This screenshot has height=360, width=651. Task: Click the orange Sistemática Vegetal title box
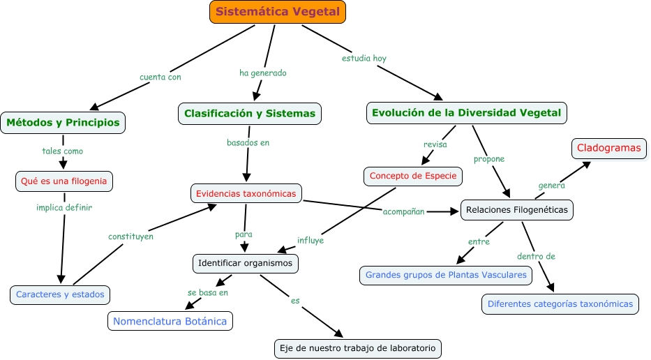pos(278,12)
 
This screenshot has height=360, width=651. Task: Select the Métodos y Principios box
pos(63,123)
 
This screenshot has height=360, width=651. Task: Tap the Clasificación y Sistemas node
pos(250,113)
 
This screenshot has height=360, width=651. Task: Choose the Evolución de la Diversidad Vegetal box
pos(467,113)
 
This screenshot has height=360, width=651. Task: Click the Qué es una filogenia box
pos(64,181)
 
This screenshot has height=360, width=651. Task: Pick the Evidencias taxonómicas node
pos(246,193)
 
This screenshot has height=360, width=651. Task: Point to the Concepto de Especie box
pos(413,176)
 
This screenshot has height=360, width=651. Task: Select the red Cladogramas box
pos(609,148)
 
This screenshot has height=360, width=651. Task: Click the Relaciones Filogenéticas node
pos(517,209)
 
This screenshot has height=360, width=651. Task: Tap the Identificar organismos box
pos(246,264)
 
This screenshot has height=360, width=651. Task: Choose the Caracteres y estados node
pos(61,294)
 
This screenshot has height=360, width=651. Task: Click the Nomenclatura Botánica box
pos(170,321)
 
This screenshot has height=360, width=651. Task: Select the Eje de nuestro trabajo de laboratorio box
pos(358,347)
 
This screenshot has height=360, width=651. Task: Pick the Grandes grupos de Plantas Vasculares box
pos(445,275)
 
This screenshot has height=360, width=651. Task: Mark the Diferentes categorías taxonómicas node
pos(560,304)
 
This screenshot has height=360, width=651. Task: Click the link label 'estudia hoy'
pos(364,59)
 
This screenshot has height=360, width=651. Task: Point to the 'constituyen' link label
pos(130,237)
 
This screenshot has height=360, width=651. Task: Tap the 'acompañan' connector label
pos(403,211)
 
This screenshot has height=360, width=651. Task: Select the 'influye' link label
pos(310,240)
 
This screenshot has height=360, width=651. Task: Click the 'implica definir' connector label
pos(64,207)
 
